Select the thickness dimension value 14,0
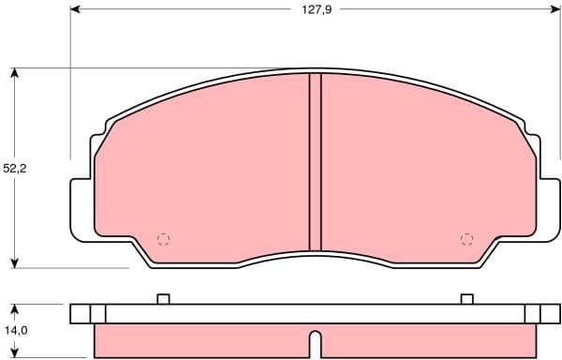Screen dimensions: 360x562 [16, 331]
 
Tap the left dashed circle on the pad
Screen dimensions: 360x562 [164, 238]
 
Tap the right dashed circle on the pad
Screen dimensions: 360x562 [466, 238]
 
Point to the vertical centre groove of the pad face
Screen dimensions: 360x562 [315, 159]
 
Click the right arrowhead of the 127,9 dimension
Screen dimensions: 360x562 [555, 11]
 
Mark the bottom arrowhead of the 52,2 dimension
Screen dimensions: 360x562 [16, 262]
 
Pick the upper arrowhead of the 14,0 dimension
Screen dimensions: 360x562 [16, 308]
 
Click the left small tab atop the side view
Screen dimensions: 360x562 [162, 299]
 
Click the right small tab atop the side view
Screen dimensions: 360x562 [467, 299]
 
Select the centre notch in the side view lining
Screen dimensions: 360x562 [315, 337]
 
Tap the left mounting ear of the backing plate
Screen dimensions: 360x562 [81, 208]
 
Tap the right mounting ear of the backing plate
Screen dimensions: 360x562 [549, 208]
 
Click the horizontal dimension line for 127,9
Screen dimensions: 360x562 [187, 11]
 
